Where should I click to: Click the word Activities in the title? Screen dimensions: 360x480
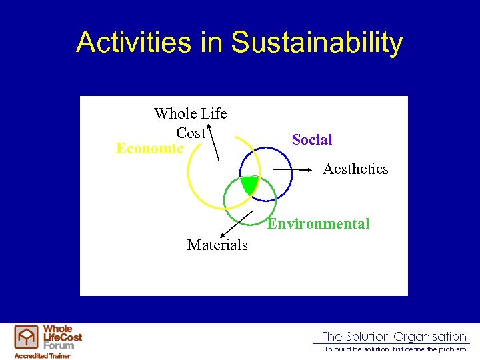point(134,42)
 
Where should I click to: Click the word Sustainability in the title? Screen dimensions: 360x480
point(317,42)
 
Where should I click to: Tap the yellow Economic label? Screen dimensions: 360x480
point(150,148)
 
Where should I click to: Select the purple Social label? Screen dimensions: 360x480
point(312,139)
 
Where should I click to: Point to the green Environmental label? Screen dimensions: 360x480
point(318,224)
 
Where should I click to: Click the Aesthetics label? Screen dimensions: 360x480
point(355,169)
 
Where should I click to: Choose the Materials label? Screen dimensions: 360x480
point(217,245)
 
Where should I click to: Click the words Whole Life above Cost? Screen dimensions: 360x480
point(191,114)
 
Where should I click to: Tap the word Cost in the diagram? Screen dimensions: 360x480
point(191,133)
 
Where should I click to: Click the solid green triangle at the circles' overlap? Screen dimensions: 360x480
point(249,185)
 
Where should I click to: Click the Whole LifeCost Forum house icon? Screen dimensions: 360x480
point(27,337)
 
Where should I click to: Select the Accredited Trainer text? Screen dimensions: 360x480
point(43,355)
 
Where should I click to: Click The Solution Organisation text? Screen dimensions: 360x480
point(394,337)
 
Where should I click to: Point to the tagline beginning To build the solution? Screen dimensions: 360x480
point(395,349)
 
